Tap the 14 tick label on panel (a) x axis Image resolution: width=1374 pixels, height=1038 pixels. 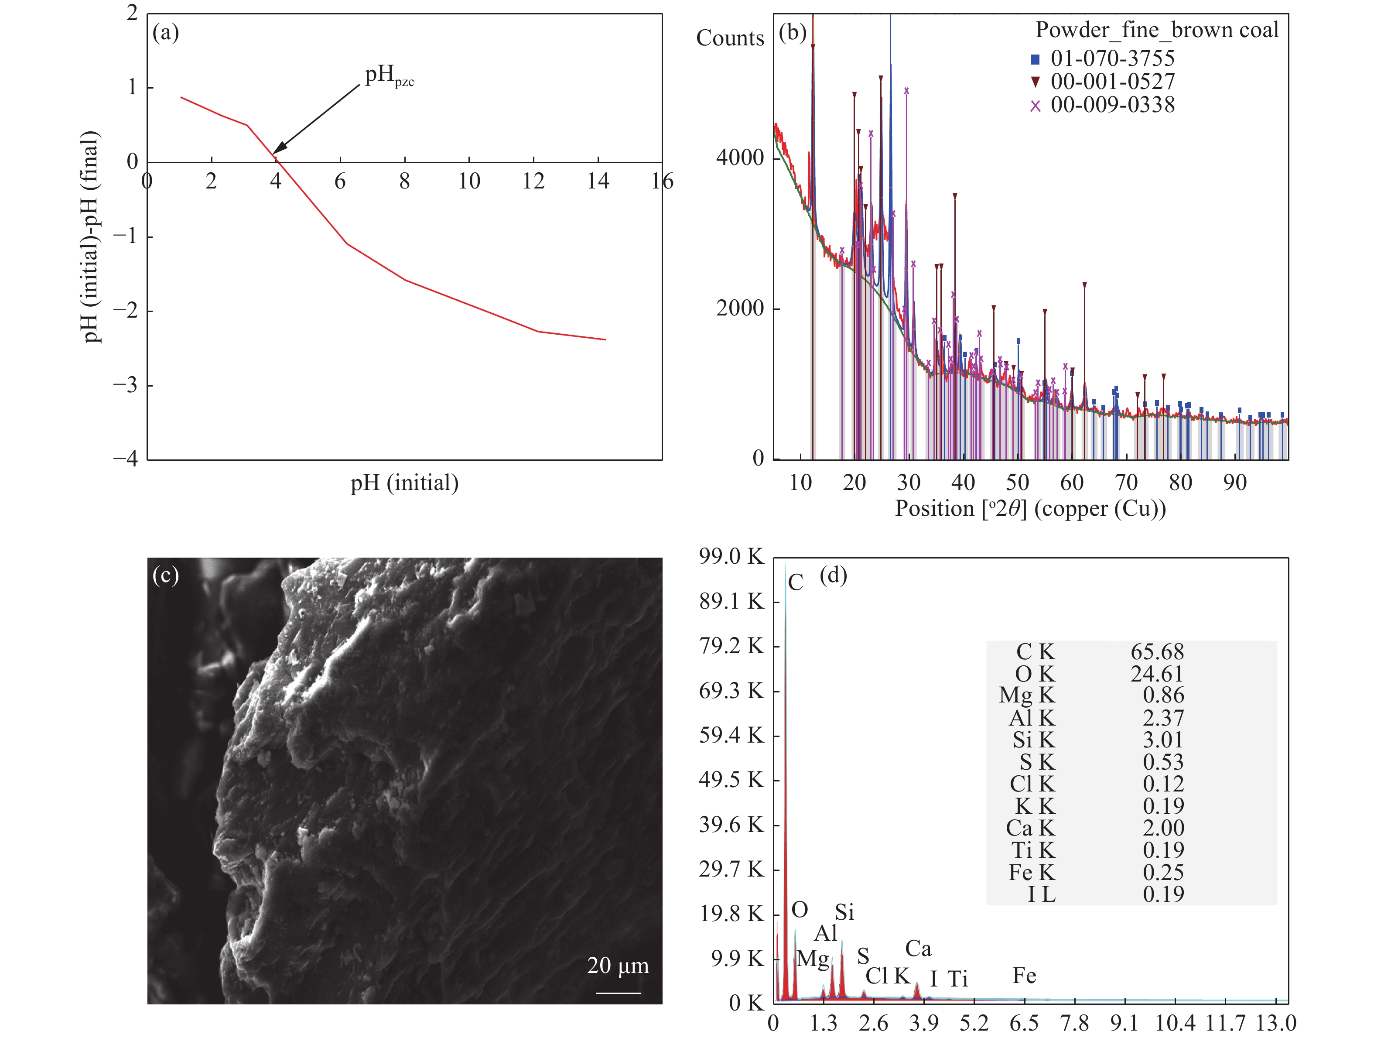tap(598, 182)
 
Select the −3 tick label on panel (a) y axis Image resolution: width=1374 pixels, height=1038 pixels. tap(126, 385)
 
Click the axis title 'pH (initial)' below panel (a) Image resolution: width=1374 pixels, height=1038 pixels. tap(404, 483)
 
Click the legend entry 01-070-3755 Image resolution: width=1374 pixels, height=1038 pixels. tap(1112, 59)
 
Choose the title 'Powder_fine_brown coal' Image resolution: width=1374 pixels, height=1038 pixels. tap(1157, 30)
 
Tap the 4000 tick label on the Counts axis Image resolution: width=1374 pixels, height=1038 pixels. tap(739, 158)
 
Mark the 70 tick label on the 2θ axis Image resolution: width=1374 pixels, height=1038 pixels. tap(1126, 483)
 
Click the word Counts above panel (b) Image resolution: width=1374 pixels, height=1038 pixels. tap(730, 38)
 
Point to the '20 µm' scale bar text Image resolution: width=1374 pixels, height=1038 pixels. tap(618, 965)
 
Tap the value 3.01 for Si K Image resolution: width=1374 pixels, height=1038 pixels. tap(1163, 740)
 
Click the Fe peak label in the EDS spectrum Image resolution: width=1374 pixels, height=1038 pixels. tap(1024, 976)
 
